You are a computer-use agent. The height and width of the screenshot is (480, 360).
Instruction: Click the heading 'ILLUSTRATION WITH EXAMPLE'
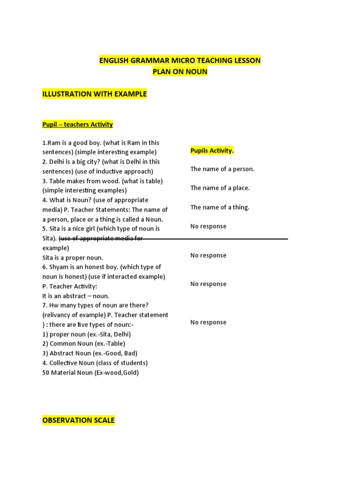click(94, 94)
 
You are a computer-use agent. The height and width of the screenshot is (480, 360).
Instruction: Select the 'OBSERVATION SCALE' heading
click(78, 420)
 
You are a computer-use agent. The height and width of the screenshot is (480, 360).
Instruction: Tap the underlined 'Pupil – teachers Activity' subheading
click(77, 124)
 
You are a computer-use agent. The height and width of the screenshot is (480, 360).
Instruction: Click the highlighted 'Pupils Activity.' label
click(212, 150)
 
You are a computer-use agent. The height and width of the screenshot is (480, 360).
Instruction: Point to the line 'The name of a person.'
click(222, 169)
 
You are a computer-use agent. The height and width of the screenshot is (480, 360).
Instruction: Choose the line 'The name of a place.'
click(220, 188)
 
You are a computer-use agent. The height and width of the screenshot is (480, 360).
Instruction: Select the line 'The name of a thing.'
click(220, 207)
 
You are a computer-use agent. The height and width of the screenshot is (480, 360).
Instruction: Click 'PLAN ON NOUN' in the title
click(180, 72)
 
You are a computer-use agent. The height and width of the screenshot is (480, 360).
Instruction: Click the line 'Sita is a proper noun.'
click(73, 257)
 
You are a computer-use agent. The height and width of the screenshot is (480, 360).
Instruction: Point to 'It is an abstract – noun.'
click(75, 296)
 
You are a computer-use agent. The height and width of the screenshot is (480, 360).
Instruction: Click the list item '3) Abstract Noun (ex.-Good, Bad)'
click(90, 353)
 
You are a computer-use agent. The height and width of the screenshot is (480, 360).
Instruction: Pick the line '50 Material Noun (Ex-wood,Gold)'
click(90, 373)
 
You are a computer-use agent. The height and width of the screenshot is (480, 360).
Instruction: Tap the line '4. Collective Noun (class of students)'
click(95, 363)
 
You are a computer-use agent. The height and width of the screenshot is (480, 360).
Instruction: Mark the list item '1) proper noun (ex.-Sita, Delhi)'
click(86, 334)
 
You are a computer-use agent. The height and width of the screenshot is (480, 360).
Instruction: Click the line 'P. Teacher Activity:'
click(69, 286)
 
